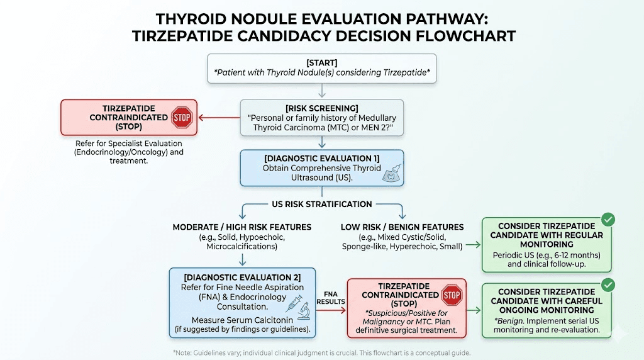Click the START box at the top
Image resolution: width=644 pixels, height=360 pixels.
[x=322, y=68]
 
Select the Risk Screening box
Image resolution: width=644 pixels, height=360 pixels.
[x=322, y=118]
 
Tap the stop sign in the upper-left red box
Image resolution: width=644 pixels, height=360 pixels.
[x=182, y=117]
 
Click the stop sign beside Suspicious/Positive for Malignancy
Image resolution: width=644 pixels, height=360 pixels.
[x=452, y=295]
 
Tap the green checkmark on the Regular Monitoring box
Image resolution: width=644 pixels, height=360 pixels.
[x=608, y=220]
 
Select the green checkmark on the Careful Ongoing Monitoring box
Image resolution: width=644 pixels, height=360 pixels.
[x=608, y=285]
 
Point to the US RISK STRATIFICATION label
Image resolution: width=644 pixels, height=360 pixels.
[x=321, y=204]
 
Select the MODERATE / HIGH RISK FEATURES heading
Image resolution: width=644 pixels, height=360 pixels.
[x=242, y=227]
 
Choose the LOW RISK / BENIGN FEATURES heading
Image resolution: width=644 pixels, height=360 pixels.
[x=402, y=227]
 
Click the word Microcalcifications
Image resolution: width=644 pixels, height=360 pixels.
[x=242, y=247]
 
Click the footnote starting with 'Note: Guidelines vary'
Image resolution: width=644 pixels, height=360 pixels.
[x=321, y=352]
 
